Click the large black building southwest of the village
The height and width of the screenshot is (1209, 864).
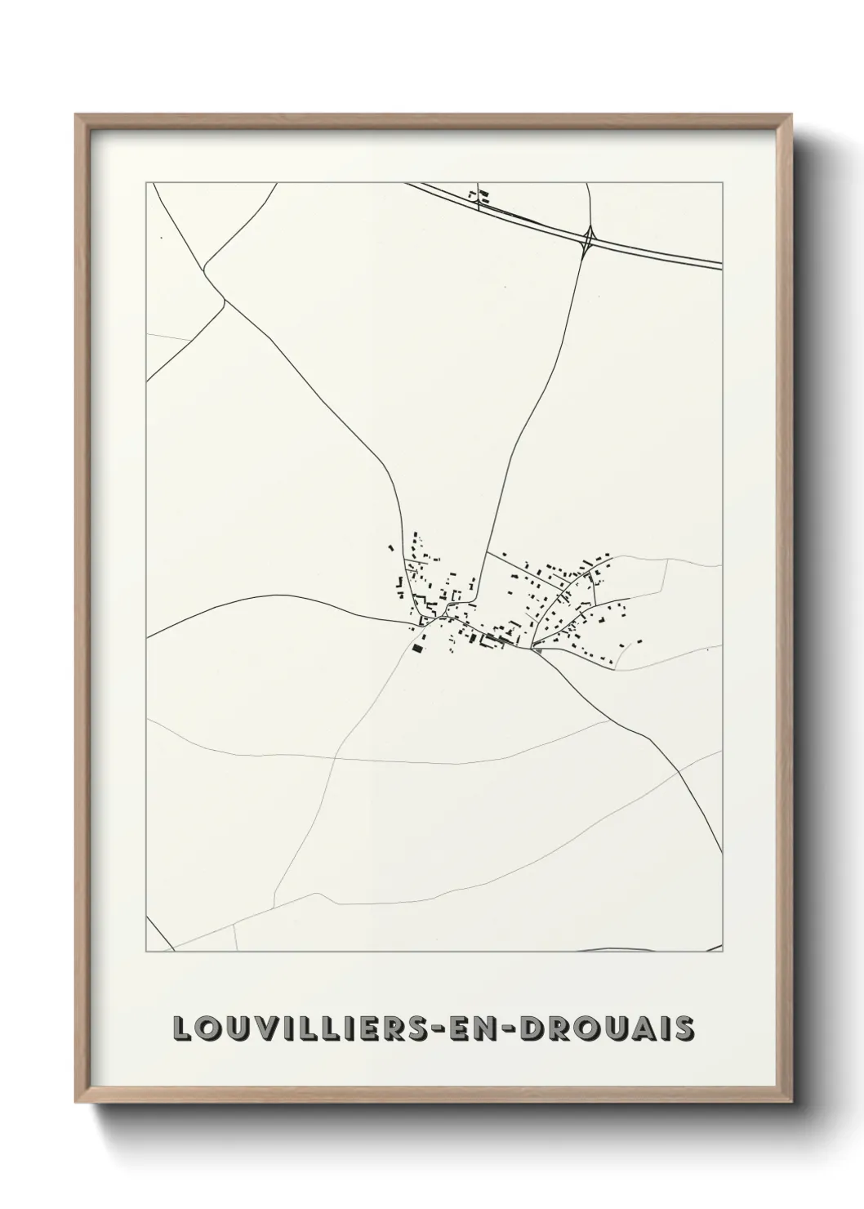(x=418, y=648)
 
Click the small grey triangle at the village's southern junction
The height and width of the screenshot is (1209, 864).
(x=537, y=649)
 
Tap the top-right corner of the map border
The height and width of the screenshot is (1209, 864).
(x=723, y=183)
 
